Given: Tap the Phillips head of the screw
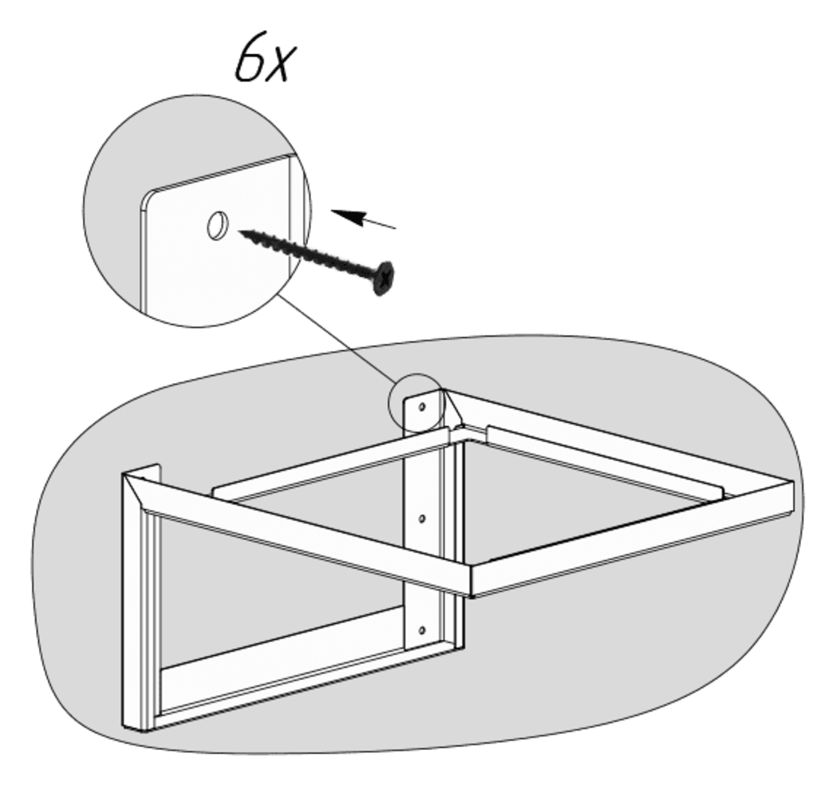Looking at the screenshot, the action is tap(383, 278).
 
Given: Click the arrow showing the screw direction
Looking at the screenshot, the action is tap(364, 219).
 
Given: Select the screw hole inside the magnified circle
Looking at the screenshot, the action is tap(217, 225).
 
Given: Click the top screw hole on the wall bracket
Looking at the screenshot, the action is tap(422, 408).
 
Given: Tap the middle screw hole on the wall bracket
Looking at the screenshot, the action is tap(422, 518).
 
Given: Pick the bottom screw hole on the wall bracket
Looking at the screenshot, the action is tap(422, 630).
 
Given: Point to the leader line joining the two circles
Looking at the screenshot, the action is tap(338, 339).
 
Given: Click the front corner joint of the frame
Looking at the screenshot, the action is tap(470, 580).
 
